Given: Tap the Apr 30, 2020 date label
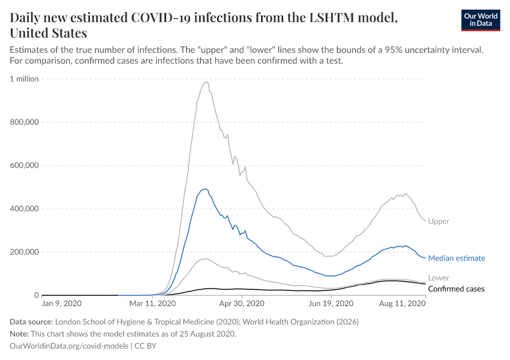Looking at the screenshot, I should pyautogui.click(x=242, y=304).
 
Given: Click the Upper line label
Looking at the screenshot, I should pyautogui.click(x=439, y=221).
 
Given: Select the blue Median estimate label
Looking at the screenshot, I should pyautogui.click(x=457, y=258).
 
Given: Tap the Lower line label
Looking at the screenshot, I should pyautogui.click(x=439, y=278).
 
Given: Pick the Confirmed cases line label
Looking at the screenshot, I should pyautogui.click(x=457, y=289).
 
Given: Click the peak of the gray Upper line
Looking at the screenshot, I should pyautogui.click(x=206, y=82).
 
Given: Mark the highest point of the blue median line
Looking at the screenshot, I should pyautogui.click(x=205, y=189).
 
